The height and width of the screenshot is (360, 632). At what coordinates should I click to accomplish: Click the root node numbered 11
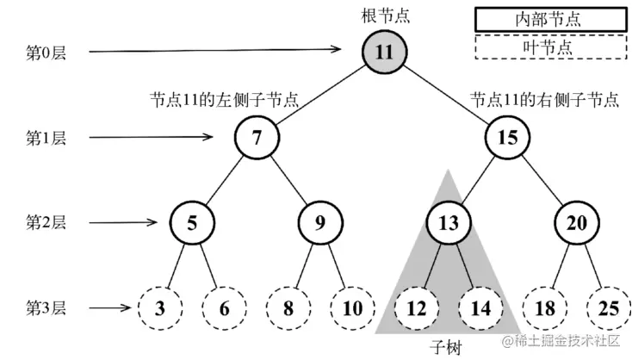coord(383,53)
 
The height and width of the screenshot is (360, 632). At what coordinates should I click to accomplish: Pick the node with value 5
coord(192,222)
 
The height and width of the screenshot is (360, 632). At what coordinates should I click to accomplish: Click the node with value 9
coord(319,222)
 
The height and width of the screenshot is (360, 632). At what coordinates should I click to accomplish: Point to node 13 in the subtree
coord(448,222)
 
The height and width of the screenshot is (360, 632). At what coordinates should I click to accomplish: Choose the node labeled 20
coord(575,222)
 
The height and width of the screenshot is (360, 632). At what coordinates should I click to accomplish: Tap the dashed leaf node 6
coord(224,307)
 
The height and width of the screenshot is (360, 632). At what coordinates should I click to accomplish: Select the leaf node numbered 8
coord(288,307)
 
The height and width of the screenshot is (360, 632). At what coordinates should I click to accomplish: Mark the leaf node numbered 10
coord(351,307)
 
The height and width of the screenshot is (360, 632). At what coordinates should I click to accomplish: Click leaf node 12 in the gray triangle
coord(416,307)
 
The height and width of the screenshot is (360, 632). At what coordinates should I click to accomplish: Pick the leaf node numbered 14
coord(480,307)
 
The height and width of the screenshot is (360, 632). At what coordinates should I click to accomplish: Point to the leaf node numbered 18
coord(543,307)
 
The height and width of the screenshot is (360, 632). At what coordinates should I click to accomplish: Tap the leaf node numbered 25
coord(607,307)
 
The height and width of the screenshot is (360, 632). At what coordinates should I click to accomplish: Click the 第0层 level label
coord(45,53)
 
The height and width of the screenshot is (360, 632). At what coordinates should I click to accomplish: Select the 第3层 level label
coord(45,307)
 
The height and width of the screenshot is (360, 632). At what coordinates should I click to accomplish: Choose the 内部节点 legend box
coord(548,17)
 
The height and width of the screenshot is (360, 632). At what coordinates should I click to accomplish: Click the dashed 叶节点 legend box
coord(548,47)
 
